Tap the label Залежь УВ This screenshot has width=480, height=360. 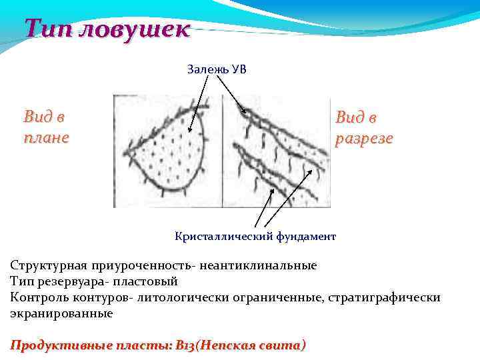point(217,69)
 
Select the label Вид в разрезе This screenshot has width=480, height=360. point(363,128)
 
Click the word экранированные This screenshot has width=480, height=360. point(61,313)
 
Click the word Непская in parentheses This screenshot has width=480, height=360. point(227,345)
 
